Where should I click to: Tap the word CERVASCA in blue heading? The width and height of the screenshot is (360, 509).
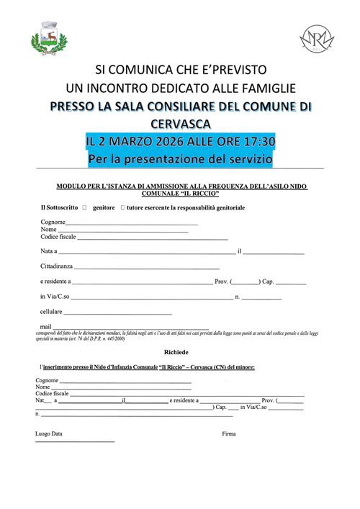[x=181, y=123]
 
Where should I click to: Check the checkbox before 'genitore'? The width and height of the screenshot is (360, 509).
[x=84, y=208]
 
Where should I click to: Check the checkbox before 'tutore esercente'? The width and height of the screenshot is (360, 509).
[x=122, y=208]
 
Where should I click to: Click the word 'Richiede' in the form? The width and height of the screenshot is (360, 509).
[x=176, y=352]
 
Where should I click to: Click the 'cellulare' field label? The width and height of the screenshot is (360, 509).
[x=52, y=312]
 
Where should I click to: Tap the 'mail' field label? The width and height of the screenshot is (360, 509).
[x=45, y=327]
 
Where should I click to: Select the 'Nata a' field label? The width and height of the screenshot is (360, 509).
[x=48, y=251]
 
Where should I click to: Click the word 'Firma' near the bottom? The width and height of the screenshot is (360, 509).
[x=229, y=433]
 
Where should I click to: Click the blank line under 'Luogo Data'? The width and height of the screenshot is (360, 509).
[x=75, y=441]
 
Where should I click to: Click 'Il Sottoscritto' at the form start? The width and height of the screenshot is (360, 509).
[x=58, y=208]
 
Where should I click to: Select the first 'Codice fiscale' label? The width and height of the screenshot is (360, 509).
[x=58, y=237]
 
